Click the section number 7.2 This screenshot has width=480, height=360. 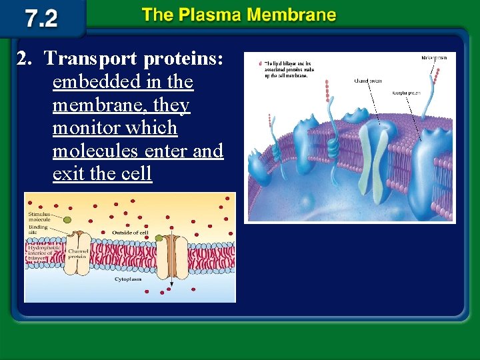click(x=41, y=18)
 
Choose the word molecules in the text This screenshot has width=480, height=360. click(x=107, y=151)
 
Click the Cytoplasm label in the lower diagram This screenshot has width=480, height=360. click(x=128, y=279)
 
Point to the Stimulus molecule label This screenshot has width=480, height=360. click(x=39, y=217)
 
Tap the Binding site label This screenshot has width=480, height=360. click(x=37, y=230)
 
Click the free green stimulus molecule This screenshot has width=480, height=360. click(x=68, y=219)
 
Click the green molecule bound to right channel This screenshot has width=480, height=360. click(x=159, y=237)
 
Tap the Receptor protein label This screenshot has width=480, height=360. click(x=408, y=93)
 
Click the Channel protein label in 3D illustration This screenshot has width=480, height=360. click(x=367, y=81)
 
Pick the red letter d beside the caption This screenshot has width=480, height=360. click(x=260, y=64)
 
